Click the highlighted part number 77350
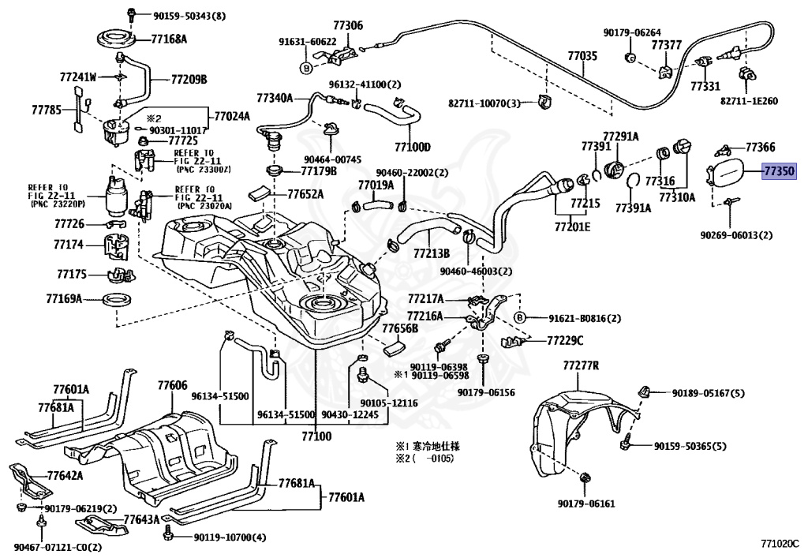pyautogui.click(x=778, y=170)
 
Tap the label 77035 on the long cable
pyautogui.click(x=582, y=57)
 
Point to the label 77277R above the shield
pyautogui.click(x=582, y=366)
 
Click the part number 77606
pyautogui.click(x=172, y=386)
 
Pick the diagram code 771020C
pyautogui.click(x=780, y=543)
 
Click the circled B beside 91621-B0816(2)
pyautogui.click(x=520, y=318)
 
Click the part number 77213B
pyautogui.click(x=429, y=253)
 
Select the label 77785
pyautogui.click(x=47, y=111)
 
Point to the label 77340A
pyautogui.click(x=275, y=98)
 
